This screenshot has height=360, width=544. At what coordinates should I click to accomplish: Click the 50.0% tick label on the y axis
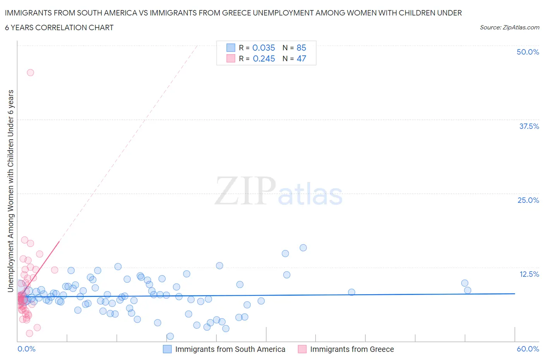(528, 52)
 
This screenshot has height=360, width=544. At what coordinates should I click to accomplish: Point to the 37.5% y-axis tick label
(529, 126)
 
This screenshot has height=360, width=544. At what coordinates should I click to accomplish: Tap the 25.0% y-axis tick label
(528, 200)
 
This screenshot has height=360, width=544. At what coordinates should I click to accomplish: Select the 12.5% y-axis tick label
(529, 274)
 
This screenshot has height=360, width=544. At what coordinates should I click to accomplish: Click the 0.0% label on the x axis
(26, 349)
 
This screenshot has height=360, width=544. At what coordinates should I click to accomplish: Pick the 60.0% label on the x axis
(528, 349)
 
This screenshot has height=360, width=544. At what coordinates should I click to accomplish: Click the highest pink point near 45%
(30, 72)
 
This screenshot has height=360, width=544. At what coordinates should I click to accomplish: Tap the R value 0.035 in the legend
(263, 48)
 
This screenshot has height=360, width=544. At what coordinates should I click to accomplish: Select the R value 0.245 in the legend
(263, 58)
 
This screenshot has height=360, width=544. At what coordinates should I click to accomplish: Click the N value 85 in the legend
(301, 48)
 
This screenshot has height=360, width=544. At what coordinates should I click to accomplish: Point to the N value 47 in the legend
(301, 58)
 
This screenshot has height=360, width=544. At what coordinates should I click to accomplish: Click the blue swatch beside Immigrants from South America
(167, 349)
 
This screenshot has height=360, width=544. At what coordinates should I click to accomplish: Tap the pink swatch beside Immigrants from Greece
(302, 349)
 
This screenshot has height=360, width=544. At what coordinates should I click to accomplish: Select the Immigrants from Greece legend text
(352, 349)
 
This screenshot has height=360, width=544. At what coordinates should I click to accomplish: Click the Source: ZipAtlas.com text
(509, 27)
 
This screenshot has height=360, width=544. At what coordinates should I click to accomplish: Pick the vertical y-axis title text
(10, 191)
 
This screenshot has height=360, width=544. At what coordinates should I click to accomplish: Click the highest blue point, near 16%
(303, 248)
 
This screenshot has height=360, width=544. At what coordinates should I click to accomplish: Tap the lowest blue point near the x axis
(170, 336)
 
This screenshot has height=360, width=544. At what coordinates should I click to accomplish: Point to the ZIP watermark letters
(245, 191)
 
